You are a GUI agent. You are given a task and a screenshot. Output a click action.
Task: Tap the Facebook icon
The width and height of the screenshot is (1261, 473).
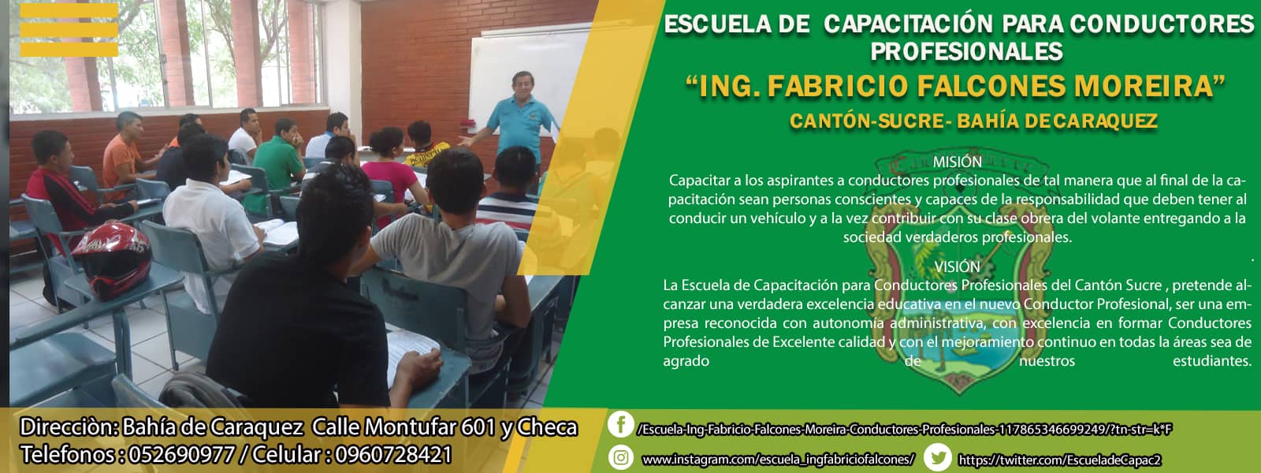[620, 424]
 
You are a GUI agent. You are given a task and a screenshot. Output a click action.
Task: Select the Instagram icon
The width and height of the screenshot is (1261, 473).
[621, 457]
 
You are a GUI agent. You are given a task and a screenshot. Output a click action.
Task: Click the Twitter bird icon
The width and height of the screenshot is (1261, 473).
[938, 457]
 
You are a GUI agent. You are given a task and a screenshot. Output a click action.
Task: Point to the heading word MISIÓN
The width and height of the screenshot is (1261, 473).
[957, 162]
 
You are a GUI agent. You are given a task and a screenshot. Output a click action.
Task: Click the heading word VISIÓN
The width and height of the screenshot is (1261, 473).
[957, 266]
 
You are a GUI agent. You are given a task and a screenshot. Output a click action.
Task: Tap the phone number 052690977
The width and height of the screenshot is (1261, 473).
[181, 454]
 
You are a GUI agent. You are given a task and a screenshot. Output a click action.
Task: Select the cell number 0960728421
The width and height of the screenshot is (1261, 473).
[392, 454]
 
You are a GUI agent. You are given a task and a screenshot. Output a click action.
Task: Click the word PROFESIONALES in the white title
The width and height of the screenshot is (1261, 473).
[966, 52]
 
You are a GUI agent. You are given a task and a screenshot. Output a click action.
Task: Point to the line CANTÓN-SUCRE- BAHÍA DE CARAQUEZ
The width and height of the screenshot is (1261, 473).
[973, 121]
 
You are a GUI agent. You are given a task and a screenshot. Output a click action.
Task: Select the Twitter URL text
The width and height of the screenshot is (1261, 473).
[1059, 460]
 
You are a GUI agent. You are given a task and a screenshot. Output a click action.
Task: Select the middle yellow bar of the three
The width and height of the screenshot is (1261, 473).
[69, 30]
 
